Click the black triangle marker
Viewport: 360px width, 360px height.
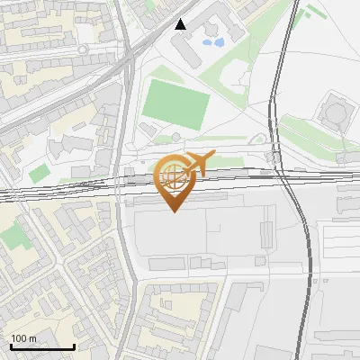tap(181, 24)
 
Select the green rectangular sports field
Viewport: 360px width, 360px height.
tap(175, 103)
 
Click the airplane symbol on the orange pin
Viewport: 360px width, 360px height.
tap(197, 163)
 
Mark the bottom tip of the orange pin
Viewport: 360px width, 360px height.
tap(173, 212)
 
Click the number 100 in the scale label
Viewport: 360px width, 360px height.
tap(21, 338)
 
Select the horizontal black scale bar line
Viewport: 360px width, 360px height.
tap(41, 346)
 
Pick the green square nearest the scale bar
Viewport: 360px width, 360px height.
tap(12, 237)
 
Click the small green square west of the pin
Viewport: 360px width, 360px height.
tap(40, 173)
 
